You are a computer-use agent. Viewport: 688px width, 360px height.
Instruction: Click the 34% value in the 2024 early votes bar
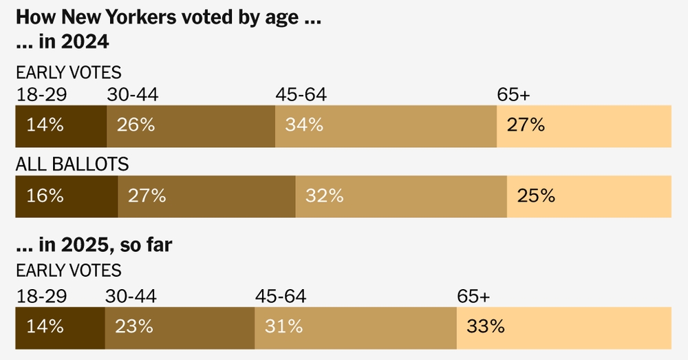click(x=304, y=125)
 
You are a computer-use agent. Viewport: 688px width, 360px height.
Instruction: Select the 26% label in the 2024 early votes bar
click(x=136, y=125)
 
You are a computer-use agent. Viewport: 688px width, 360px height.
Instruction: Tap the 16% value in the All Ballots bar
click(x=45, y=195)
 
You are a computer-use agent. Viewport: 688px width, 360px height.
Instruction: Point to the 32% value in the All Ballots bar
click(x=324, y=195)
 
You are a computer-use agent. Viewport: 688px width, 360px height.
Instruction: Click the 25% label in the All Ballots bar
click(x=536, y=195)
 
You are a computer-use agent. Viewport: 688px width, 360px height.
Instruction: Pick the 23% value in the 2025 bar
click(x=134, y=326)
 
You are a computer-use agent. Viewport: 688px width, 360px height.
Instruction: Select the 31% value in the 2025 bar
click(x=283, y=326)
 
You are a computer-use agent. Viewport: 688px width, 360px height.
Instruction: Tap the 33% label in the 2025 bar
click(x=486, y=326)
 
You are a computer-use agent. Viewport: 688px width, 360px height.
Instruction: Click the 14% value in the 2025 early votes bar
click(x=45, y=326)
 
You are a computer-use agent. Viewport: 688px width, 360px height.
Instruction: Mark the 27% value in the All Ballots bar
click(x=147, y=195)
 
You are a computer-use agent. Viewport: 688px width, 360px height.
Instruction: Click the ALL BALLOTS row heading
click(x=72, y=164)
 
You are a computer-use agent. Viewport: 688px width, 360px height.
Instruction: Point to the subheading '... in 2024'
click(x=63, y=42)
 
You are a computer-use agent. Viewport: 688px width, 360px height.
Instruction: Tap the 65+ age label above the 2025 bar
click(x=473, y=296)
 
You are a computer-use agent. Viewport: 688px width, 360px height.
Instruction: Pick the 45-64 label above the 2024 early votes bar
click(x=301, y=94)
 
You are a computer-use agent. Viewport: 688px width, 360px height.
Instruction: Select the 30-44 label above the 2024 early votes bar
click(x=133, y=94)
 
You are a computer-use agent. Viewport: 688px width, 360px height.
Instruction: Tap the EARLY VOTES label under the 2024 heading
click(x=69, y=72)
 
